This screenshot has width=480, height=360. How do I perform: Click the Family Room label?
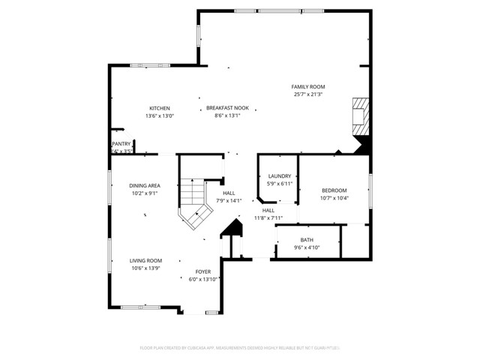pyautogui.click(x=307, y=87)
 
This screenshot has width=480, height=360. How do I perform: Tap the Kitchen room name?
pyautogui.click(x=159, y=108)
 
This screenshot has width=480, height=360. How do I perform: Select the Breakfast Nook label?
pyautogui.click(x=227, y=108)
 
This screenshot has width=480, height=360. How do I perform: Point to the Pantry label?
pyautogui.click(x=121, y=143)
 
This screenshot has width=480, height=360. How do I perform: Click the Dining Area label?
pyautogui.click(x=144, y=185)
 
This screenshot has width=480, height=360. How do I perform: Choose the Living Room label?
pyautogui.click(x=145, y=260)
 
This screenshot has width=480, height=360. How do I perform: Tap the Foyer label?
pyautogui.click(x=203, y=271)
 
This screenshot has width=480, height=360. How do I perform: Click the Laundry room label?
pyautogui.click(x=280, y=176)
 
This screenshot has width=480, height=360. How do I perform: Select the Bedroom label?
pyautogui.click(x=334, y=190)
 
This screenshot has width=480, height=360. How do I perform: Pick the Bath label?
pyautogui.click(x=307, y=240)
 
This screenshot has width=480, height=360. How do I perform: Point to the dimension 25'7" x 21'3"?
pyautogui.click(x=307, y=94)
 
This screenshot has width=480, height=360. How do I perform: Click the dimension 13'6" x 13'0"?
pyautogui.click(x=159, y=115)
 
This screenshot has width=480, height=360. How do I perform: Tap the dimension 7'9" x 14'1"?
pyautogui.click(x=229, y=200)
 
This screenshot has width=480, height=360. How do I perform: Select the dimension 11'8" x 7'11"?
pyautogui.click(x=268, y=218)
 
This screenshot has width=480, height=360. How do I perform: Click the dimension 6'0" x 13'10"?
pyautogui.click(x=203, y=279)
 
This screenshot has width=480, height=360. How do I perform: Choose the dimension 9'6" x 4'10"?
pyautogui.click(x=307, y=247)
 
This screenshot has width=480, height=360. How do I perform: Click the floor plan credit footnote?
pyautogui.click(x=240, y=348)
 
